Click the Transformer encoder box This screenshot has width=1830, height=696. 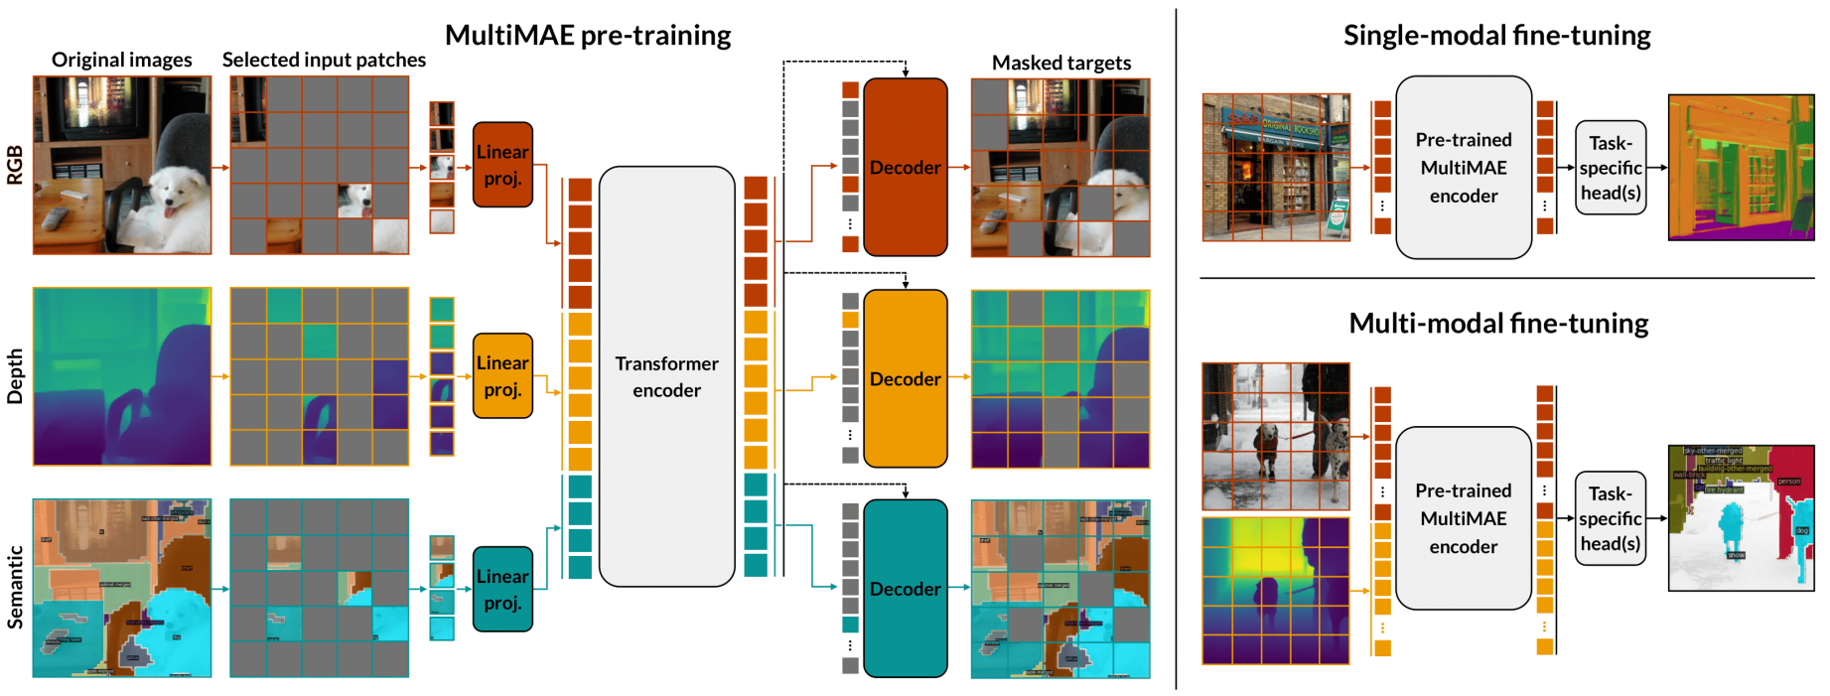666,376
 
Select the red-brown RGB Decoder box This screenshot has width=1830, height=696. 905,167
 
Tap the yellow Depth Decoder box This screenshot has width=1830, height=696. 905,378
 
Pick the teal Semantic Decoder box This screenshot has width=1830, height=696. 905,589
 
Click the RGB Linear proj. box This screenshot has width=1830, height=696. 502,165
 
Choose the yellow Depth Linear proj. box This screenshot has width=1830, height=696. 502,376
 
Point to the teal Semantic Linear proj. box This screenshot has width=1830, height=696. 502,589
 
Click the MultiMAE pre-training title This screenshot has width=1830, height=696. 588,36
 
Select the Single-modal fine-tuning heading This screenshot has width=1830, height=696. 1496,36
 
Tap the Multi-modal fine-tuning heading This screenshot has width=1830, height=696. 1498,324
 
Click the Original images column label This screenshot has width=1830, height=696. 121,60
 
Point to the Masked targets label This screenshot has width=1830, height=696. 1060,63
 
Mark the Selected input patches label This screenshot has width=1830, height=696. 324,60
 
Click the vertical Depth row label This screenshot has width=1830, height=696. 15,376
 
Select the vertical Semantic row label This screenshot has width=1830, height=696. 15,588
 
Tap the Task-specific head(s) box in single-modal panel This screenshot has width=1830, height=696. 1610,168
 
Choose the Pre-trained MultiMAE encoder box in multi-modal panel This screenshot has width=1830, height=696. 1463,518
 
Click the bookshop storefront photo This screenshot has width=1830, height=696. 1276,168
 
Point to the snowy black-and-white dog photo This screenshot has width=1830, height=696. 1276,436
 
